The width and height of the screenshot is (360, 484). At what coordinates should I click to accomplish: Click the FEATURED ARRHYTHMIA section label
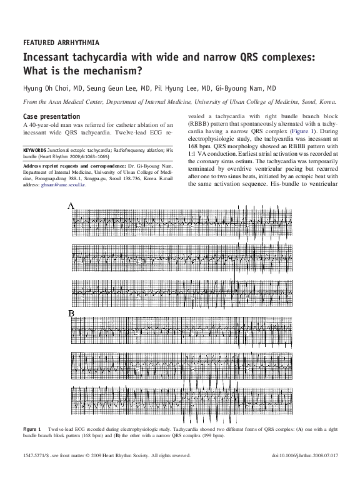pyautogui.click(x=61, y=43)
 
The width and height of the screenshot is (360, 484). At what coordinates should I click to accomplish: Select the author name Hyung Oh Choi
pyautogui.click(x=46, y=89)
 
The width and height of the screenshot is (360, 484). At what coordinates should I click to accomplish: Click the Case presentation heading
pyautogui.click(x=51, y=117)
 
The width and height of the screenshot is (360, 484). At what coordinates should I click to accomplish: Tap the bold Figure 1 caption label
pyautogui.click(x=32, y=429)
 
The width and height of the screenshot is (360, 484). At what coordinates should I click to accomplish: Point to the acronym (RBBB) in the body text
pyautogui.click(x=200, y=125)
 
